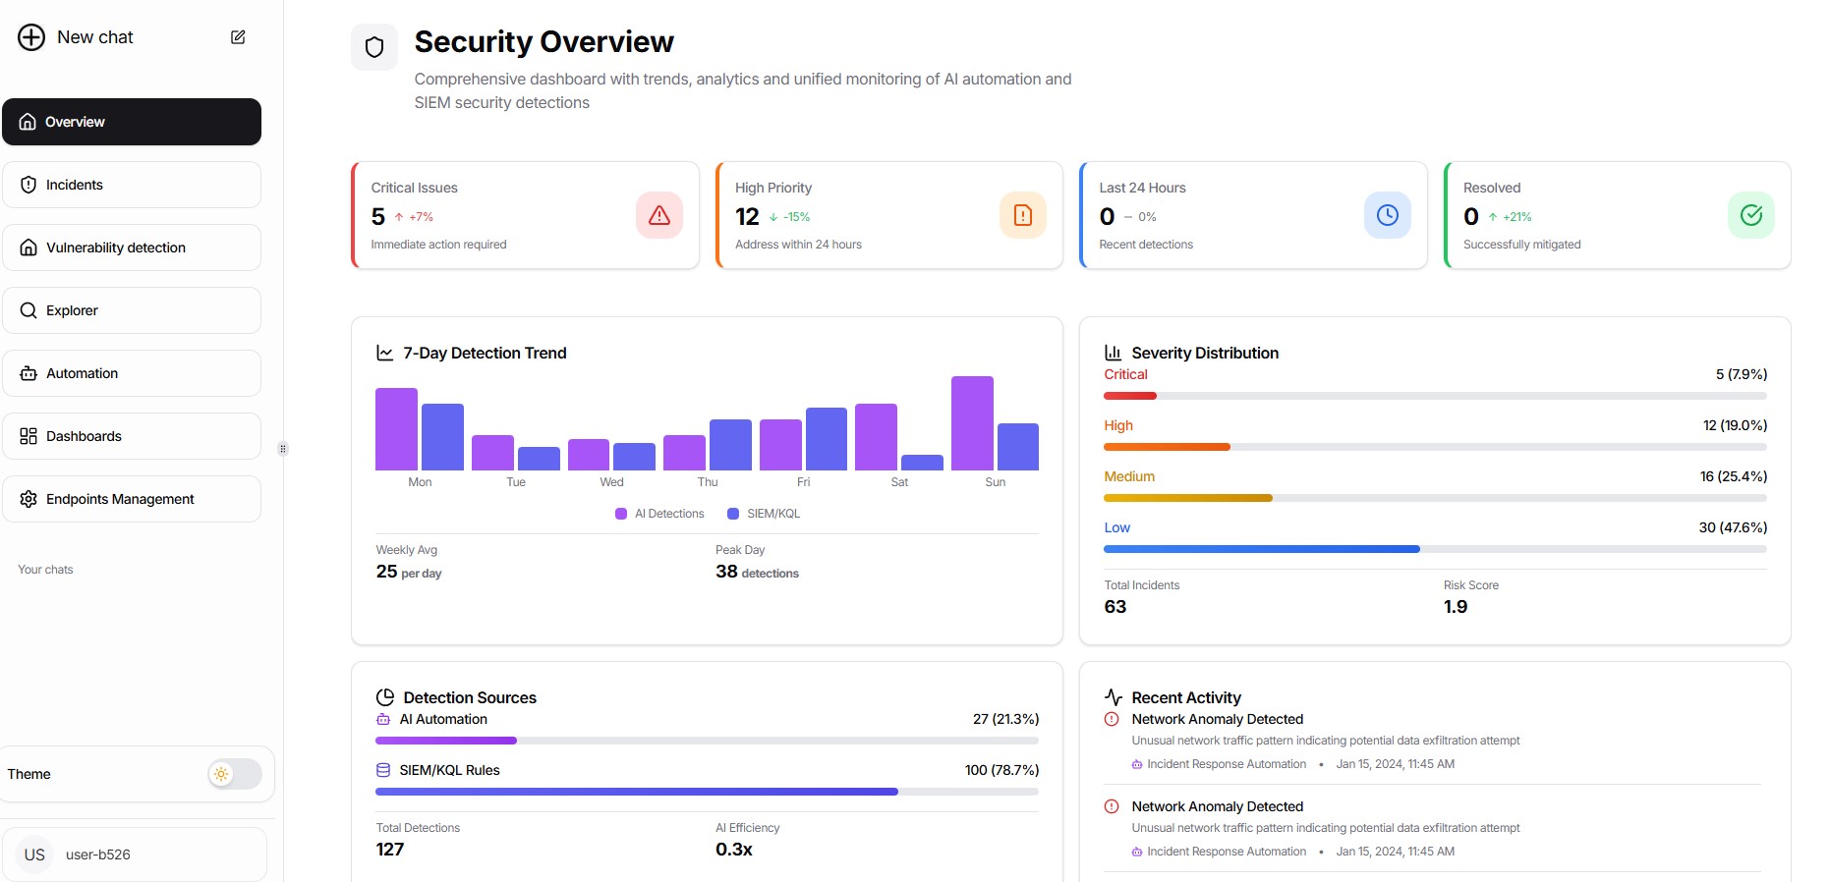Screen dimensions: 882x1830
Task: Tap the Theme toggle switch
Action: tap(234, 774)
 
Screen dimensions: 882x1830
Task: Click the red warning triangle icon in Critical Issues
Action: tap(658, 215)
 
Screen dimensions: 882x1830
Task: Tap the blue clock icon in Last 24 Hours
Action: tap(1387, 215)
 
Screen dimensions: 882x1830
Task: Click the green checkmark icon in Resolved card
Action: tap(1750, 215)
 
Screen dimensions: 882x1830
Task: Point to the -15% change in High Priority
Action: tap(795, 217)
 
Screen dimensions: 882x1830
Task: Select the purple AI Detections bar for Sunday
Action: tap(972, 423)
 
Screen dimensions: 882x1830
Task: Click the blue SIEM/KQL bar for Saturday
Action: tap(922, 463)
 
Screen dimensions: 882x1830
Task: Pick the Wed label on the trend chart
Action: tap(611, 482)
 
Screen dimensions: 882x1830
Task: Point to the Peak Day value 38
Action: tap(726, 572)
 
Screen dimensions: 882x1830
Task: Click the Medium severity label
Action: tap(1129, 476)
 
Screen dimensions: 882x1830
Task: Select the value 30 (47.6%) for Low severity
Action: tap(1732, 527)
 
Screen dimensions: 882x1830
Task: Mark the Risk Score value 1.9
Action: tap(1455, 607)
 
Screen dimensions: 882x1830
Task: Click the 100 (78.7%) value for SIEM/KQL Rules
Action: tap(1001, 770)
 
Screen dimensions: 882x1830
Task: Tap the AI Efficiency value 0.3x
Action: tap(733, 850)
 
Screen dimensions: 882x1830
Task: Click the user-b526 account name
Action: tap(98, 854)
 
